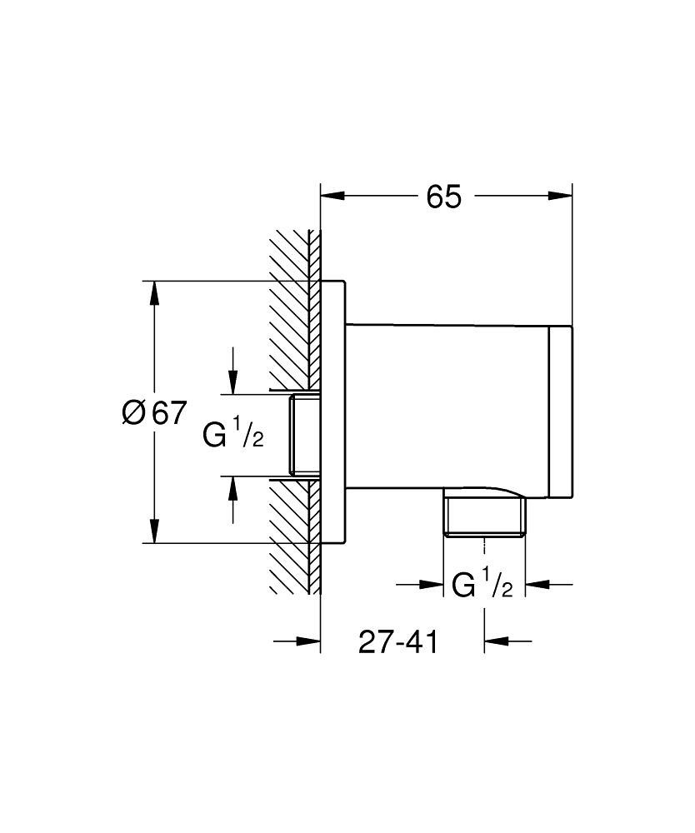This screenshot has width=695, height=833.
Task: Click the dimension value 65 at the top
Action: point(443,197)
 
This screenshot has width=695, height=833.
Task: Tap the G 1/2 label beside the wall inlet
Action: point(233,434)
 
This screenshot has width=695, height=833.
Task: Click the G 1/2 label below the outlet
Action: point(482,585)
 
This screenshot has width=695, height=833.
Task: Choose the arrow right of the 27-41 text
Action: point(497,641)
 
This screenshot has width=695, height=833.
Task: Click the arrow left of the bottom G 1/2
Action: point(432,585)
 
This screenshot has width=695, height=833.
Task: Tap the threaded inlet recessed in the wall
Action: point(304,436)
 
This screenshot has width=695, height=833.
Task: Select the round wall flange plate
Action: point(333,412)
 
